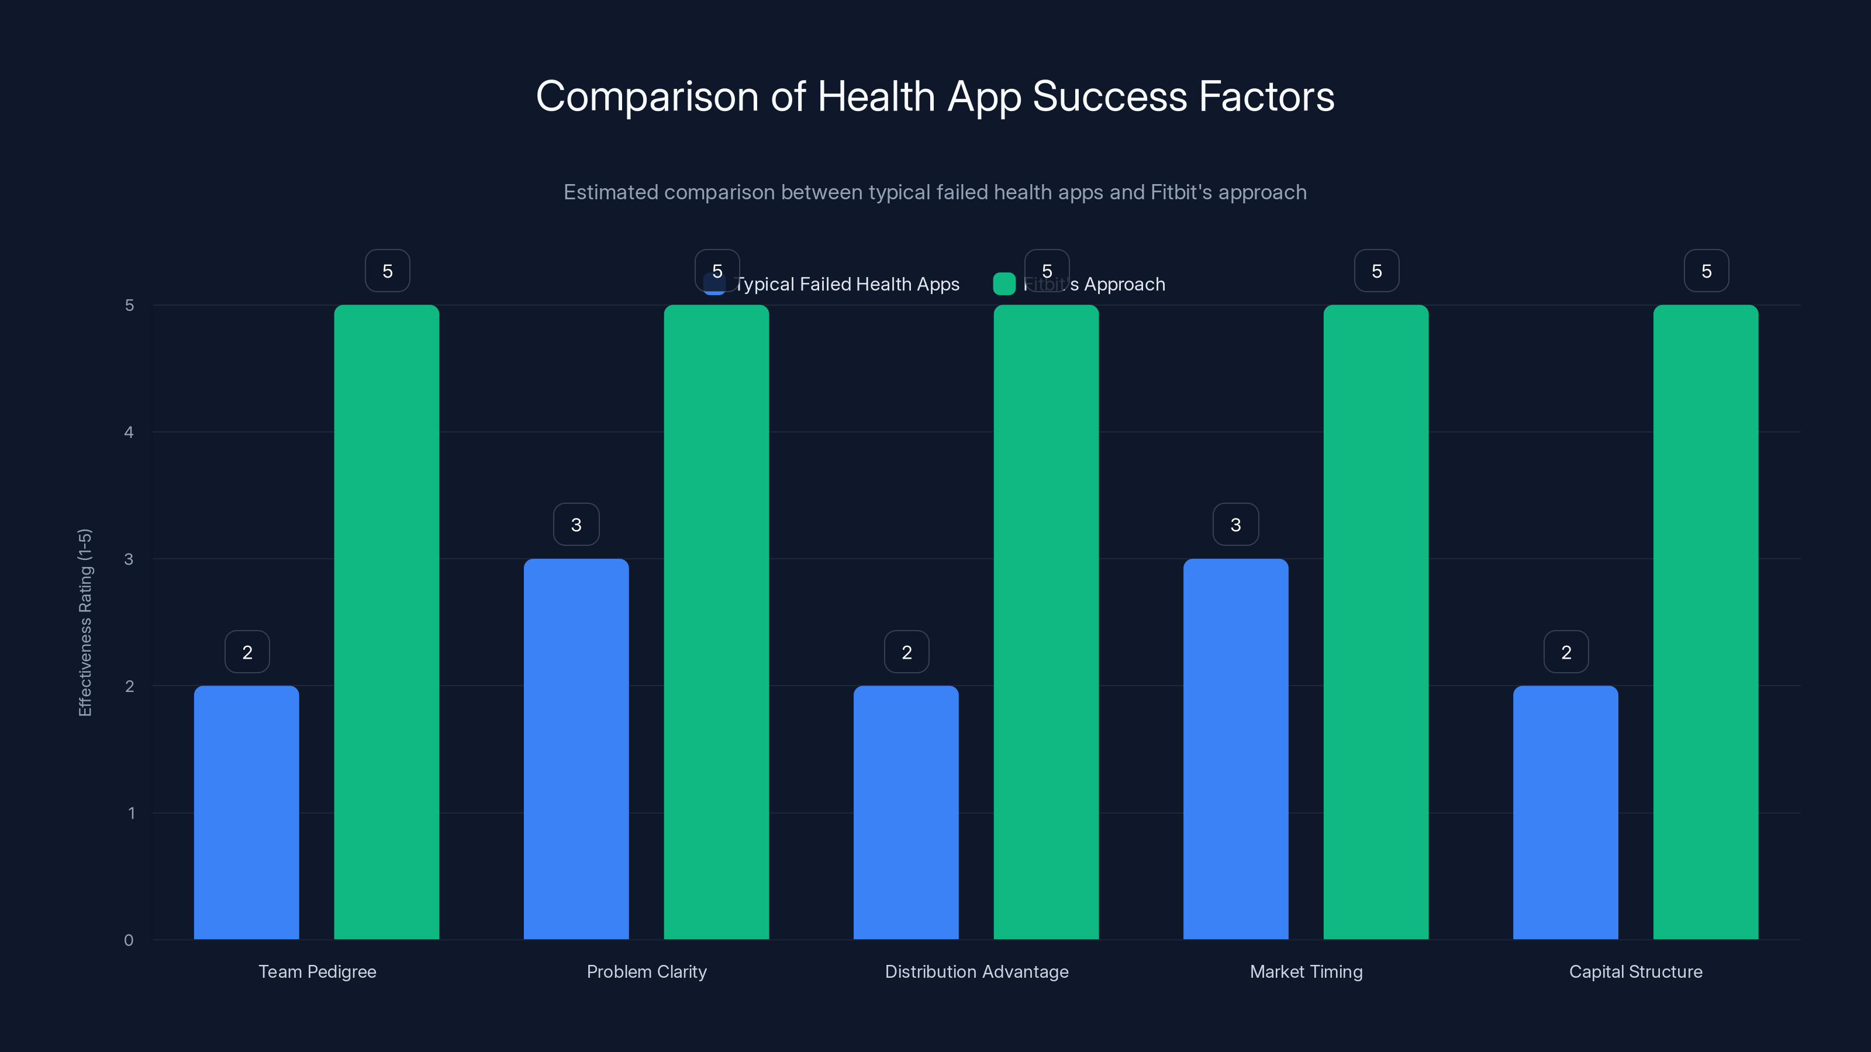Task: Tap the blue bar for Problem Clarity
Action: [x=576, y=748]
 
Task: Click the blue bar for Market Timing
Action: [x=1235, y=748]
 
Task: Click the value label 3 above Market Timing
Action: [x=1235, y=524]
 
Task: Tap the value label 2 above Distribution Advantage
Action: [x=906, y=652]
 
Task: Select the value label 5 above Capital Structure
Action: [x=1706, y=271]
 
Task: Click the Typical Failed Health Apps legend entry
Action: [x=847, y=284]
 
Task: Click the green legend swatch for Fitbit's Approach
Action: [x=1004, y=284]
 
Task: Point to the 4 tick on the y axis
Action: [x=129, y=432]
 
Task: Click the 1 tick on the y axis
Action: [x=132, y=812]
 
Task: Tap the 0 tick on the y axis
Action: [x=129, y=940]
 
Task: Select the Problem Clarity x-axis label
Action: [x=647, y=971]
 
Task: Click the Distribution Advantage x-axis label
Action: [x=976, y=971]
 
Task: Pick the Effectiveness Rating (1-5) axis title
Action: [x=85, y=622]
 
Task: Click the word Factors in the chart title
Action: [x=1266, y=96]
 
